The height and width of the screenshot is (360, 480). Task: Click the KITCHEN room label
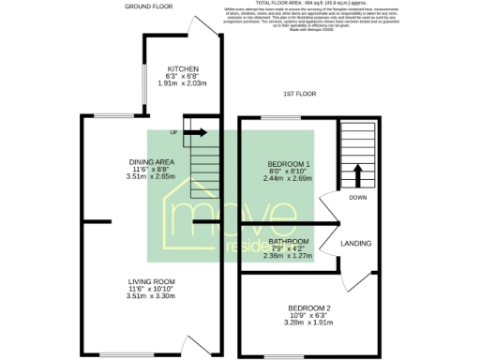pyautogui.click(x=181, y=69)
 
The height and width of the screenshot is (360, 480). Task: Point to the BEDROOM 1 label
pyautogui.click(x=289, y=163)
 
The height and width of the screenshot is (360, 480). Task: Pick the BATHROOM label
pyautogui.click(x=288, y=241)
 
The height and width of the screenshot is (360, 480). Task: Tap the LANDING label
pyautogui.click(x=355, y=244)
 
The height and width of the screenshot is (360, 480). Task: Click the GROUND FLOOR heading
pyautogui.click(x=149, y=7)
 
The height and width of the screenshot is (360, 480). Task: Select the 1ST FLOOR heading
pyautogui.click(x=302, y=95)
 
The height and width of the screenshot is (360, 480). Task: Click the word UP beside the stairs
pyautogui.click(x=174, y=133)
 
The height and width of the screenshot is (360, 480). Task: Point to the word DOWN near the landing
pyautogui.click(x=357, y=198)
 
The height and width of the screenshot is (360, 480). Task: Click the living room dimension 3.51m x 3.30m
pyautogui.click(x=152, y=296)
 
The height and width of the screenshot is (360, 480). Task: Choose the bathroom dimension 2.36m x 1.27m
pyautogui.click(x=288, y=255)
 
